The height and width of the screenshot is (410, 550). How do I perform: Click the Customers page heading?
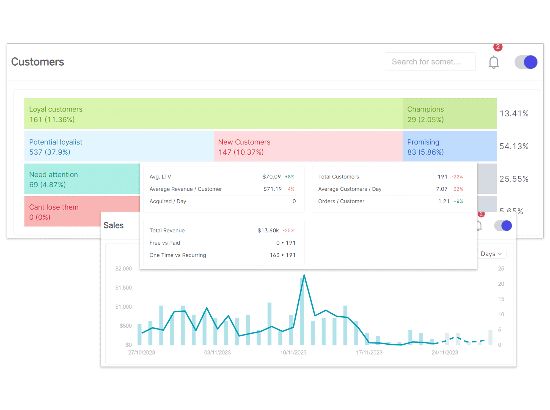point(38,62)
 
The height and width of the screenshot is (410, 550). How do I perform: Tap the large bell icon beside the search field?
point(494,62)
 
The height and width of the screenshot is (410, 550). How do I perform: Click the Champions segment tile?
point(450,114)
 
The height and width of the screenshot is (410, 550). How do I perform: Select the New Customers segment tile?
point(308,146)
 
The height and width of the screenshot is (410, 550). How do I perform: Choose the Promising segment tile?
point(450,146)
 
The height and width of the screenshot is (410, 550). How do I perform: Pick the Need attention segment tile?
point(82,179)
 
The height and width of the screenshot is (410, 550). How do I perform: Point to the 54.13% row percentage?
point(514,146)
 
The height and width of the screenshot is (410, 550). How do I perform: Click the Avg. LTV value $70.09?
point(271,177)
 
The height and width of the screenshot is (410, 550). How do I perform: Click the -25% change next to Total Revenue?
point(288,230)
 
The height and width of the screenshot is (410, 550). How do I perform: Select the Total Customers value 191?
point(442,177)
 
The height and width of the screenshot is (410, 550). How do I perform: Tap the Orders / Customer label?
point(341,201)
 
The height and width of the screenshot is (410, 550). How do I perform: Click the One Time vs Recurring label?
point(178,255)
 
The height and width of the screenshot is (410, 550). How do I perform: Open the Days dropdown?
point(491,254)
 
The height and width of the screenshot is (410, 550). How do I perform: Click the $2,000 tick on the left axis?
point(123,269)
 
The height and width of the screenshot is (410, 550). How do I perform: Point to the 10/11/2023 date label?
point(293,353)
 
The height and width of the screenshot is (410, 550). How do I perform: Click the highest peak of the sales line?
point(304,275)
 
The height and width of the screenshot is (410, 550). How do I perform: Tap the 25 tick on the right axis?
point(501,269)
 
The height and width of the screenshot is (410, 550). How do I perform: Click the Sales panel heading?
point(114,225)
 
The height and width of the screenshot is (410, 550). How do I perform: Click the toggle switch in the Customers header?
point(526,62)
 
